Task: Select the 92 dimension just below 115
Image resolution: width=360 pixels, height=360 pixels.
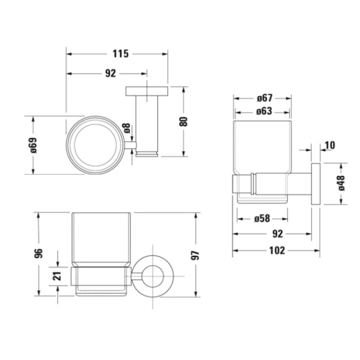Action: [x=110, y=73]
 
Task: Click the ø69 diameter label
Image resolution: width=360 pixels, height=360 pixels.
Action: [x=33, y=145]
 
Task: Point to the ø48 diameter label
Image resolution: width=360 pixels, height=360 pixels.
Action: [x=341, y=183]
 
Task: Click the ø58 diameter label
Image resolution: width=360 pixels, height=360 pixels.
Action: [x=262, y=218]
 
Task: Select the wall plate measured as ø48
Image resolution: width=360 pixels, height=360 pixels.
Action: [x=316, y=183]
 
